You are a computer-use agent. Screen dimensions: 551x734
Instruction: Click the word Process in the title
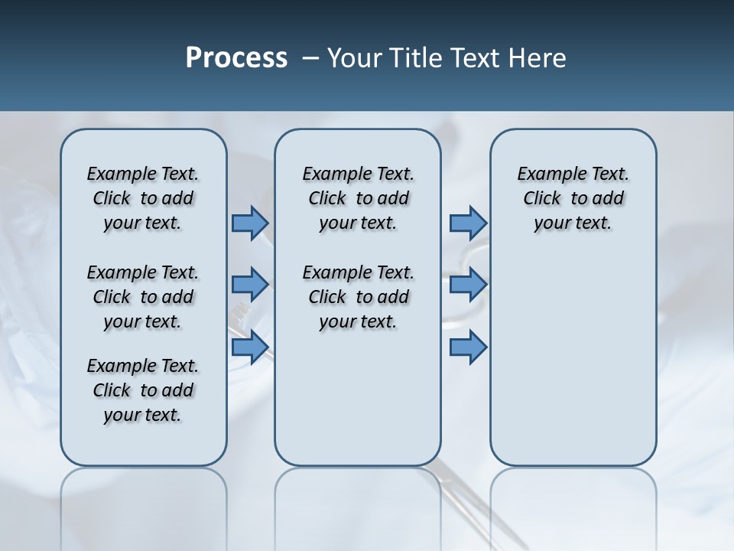coord(236,58)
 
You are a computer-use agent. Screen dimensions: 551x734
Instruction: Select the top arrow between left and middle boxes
coord(250,223)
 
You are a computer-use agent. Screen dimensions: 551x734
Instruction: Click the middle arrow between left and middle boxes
coord(250,285)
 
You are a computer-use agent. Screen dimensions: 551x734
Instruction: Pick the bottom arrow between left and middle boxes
coord(250,347)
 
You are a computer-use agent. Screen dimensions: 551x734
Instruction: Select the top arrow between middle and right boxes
coord(468,223)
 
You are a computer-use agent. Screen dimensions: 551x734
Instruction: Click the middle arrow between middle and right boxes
coord(468,285)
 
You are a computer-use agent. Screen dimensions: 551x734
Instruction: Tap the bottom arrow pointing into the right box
coord(468,347)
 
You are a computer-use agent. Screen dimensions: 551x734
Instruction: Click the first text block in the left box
coord(143,198)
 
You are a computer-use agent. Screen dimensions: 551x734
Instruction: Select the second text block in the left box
coord(143,297)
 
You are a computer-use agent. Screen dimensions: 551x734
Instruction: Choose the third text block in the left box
coord(143,390)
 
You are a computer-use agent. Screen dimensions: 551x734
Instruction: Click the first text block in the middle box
coord(358,198)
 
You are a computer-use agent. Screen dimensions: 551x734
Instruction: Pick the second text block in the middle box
coord(358,297)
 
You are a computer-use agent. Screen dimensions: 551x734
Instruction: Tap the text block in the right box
coord(573,198)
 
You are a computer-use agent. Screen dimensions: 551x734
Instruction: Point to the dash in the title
coord(310,58)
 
